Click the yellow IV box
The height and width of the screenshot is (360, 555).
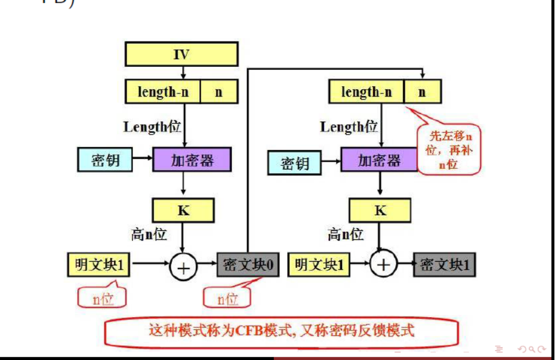[x=181, y=54]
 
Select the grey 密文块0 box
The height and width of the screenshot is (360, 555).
[x=248, y=265]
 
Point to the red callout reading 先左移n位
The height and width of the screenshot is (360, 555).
[x=448, y=148]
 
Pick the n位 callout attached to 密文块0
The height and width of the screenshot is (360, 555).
[x=227, y=298]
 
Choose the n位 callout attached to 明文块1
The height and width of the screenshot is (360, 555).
[x=103, y=298]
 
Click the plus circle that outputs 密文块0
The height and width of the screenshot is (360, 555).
[x=183, y=266]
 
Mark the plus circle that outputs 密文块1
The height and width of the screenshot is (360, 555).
[x=384, y=265]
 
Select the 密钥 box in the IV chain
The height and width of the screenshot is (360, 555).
[x=105, y=160]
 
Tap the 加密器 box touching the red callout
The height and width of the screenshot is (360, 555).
[x=379, y=160]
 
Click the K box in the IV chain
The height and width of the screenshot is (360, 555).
[x=183, y=210]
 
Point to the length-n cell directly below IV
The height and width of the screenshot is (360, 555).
[x=162, y=92]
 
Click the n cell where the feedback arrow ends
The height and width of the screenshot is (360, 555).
[x=422, y=92]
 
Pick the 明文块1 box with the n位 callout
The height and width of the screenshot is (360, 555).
[x=98, y=265]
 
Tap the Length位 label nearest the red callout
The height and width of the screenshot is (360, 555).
[x=348, y=127]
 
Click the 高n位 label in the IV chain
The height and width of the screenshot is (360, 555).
[x=149, y=234]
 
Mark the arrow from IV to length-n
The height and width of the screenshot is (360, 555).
[x=183, y=73]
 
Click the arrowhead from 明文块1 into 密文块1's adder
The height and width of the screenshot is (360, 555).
[x=367, y=265]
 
